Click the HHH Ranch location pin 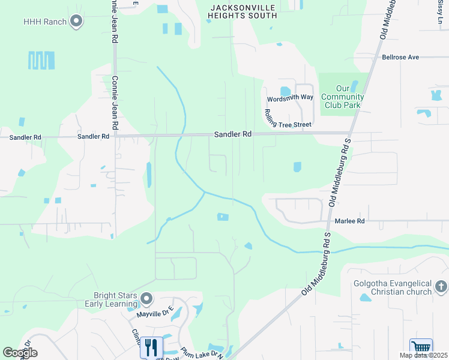[76, 22]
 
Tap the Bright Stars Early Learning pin [146, 298]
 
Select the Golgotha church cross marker [441, 287]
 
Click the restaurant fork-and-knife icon [151, 347]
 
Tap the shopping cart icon [421, 348]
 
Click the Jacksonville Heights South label [243, 11]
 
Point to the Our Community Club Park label [342, 97]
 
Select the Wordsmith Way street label [291, 97]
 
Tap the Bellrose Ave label [400, 58]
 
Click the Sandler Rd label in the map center [233, 135]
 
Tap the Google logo [20, 353]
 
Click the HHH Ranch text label [44, 22]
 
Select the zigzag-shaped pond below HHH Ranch [41, 61]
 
